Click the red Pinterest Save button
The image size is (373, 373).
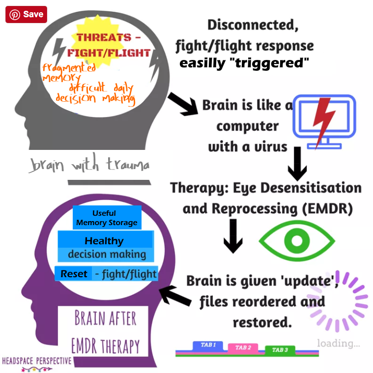[26, 14]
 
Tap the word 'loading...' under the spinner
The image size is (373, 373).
[338, 343]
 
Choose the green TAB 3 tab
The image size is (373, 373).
[280, 350]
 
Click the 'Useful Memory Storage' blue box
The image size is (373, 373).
[107, 218]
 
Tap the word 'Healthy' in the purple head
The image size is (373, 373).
[104, 241]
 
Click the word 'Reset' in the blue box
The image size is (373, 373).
[74, 274]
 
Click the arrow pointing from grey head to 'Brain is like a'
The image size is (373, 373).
[182, 103]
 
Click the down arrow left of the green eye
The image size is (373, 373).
[233, 235]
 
